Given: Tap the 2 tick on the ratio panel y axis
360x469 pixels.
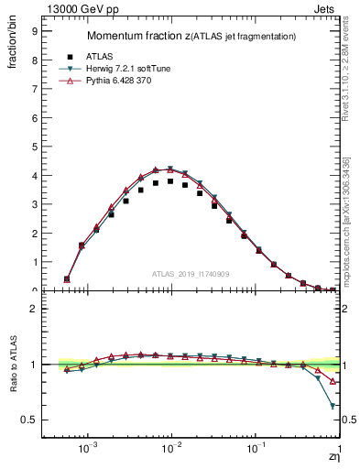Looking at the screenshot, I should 32,309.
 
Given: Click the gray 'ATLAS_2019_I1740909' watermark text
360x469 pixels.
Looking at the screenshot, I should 191,274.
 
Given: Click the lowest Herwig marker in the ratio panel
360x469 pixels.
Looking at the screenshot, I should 333,405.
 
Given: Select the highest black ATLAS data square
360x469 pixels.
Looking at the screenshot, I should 170,181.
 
